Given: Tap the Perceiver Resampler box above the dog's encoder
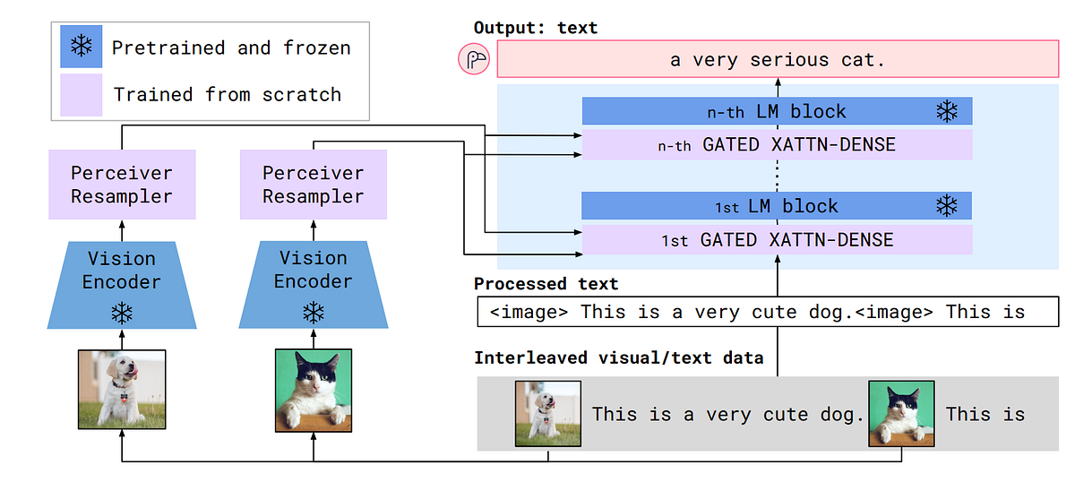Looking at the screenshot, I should click(x=122, y=185).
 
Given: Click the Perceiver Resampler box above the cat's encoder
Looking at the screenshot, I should click(x=313, y=185).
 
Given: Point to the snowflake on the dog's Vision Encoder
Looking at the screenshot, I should click(x=122, y=313).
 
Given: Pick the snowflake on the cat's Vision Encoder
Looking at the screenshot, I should click(x=313, y=313).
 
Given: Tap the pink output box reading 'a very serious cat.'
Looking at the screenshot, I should click(x=778, y=60).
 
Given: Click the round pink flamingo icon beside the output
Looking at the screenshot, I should click(x=474, y=60).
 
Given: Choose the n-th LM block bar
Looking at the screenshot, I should click(x=776, y=111).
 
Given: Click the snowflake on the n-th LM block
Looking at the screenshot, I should click(x=947, y=111).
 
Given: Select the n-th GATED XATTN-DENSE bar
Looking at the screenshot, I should click(x=776, y=144).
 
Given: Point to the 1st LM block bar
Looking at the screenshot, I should click(x=776, y=206).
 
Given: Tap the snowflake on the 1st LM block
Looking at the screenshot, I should click(x=947, y=206).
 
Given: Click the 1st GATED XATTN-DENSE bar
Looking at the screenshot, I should click(x=776, y=239).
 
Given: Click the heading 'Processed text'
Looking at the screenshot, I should click(x=546, y=284).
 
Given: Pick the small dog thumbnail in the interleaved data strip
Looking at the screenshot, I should click(x=547, y=414).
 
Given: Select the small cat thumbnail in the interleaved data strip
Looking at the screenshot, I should click(x=901, y=414).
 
